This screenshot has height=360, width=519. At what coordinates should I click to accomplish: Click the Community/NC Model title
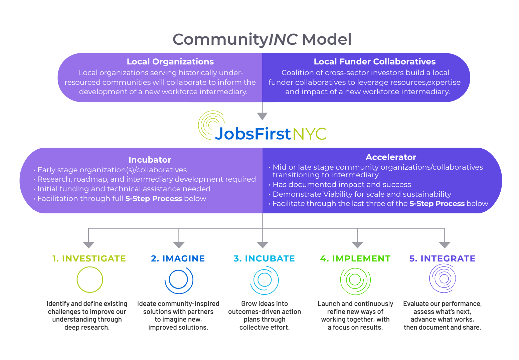click(262, 39)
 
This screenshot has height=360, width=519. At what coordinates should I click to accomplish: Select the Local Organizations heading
click(170, 62)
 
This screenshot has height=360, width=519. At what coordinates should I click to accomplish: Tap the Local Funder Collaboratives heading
click(375, 62)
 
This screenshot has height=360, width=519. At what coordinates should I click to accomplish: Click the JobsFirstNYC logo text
click(271, 134)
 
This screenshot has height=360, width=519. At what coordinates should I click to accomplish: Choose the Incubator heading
click(150, 160)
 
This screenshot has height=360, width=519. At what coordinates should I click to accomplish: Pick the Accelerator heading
click(391, 157)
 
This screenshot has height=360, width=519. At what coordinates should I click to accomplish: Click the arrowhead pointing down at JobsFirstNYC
click(262, 116)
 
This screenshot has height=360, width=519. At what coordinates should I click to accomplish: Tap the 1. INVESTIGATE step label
click(89, 258)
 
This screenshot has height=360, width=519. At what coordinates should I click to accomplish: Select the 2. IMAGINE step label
click(178, 258)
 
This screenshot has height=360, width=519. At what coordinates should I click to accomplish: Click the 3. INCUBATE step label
click(265, 258)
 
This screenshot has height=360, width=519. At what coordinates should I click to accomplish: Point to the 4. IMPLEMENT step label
click(355, 258)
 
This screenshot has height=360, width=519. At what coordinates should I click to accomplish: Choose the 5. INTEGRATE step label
click(442, 258)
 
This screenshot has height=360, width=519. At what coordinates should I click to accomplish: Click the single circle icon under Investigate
click(77, 280)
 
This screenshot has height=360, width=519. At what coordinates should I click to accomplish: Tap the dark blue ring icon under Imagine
click(169, 280)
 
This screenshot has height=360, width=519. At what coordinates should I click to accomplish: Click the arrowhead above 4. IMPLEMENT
click(357, 245)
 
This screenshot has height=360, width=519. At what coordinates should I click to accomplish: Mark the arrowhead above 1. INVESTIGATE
click(89, 245)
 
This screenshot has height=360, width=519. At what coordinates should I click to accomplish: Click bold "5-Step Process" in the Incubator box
click(154, 198)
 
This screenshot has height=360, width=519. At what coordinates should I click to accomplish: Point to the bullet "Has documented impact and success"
click(342, 184)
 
